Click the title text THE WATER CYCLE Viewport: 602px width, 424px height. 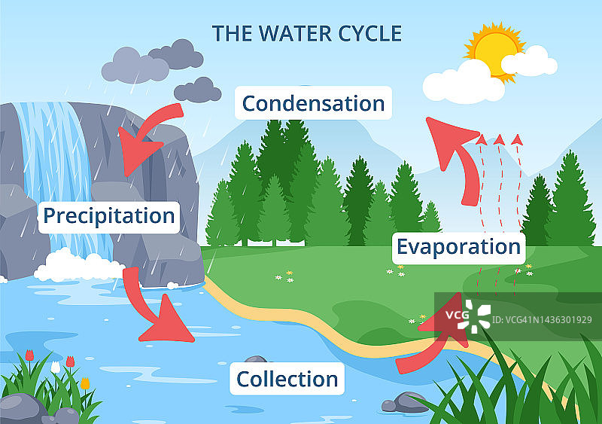(306, 34)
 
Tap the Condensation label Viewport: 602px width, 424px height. (313, 103)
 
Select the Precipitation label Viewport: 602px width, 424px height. (109, 216)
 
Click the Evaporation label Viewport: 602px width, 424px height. (458, 246)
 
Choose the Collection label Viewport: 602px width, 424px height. (287, 378)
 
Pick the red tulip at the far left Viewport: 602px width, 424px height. (29, 355)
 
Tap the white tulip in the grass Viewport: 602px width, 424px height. (55, 367)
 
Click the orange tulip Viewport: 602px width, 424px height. (85, 383)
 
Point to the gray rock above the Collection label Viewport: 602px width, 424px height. (256, 361)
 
